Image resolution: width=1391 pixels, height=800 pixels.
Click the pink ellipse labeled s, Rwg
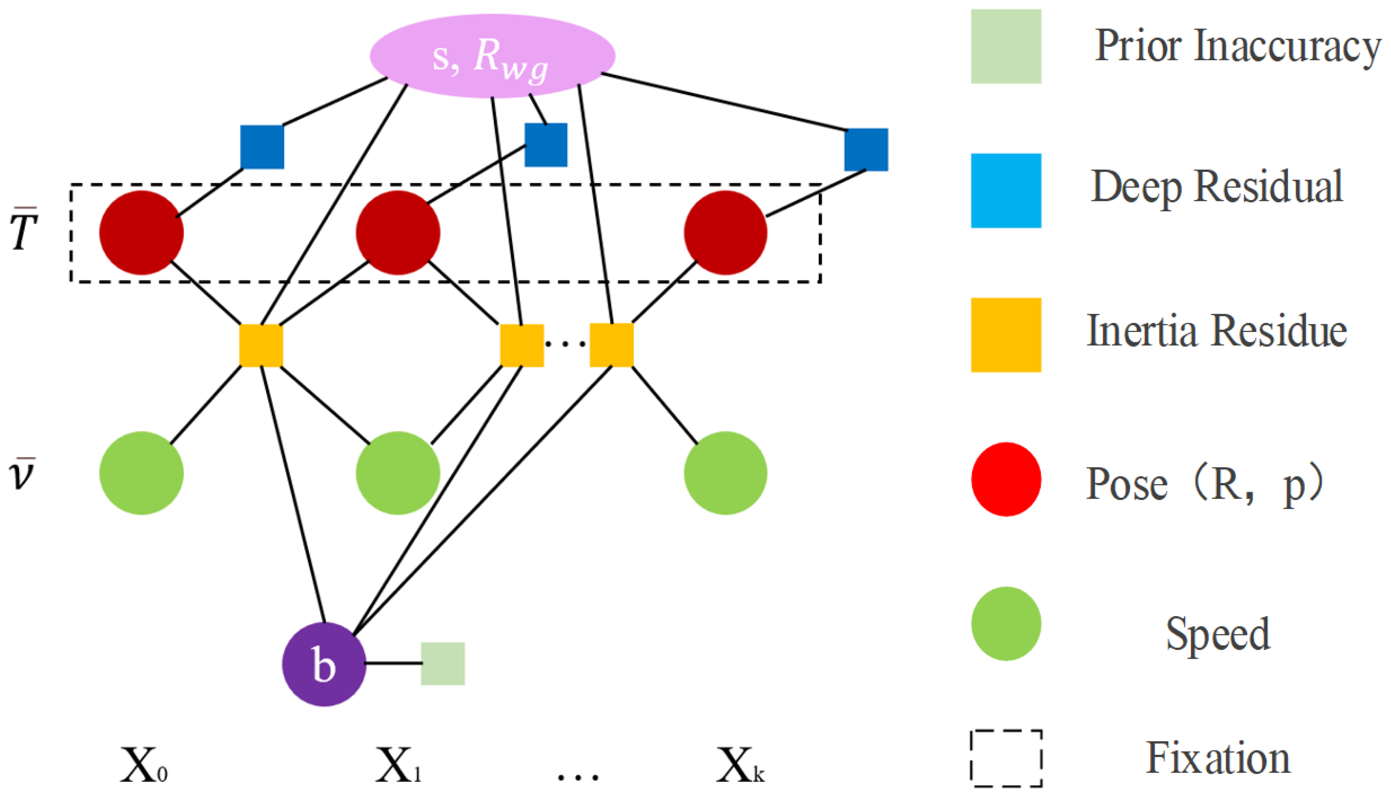click(x=492, y=55)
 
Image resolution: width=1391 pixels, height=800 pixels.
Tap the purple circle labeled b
click(x=324, y=664)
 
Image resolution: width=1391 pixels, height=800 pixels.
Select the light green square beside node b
click(x=443, y=663)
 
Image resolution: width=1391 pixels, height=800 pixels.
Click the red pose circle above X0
click(x=141, y=232)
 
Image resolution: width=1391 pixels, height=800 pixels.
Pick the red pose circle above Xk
click(x=725, y=232)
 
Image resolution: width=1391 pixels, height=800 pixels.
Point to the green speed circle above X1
click(x=398, y=473)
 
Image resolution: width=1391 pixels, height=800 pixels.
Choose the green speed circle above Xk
click(x=725, y=473)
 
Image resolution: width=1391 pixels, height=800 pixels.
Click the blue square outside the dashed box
click(x=866, y=149)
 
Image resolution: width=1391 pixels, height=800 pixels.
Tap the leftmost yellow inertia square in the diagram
click(x=261, y=345)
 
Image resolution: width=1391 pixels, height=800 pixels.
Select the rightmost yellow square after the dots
click(x=611, y=345)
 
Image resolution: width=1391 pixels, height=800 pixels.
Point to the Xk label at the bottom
click(x=739, y=765)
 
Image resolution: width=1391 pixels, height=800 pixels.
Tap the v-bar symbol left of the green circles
click(x=22, y=473)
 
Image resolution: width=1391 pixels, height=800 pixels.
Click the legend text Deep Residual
click(x=1216, y=187)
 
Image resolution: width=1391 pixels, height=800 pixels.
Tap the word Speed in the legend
click(x=1217, y=633)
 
